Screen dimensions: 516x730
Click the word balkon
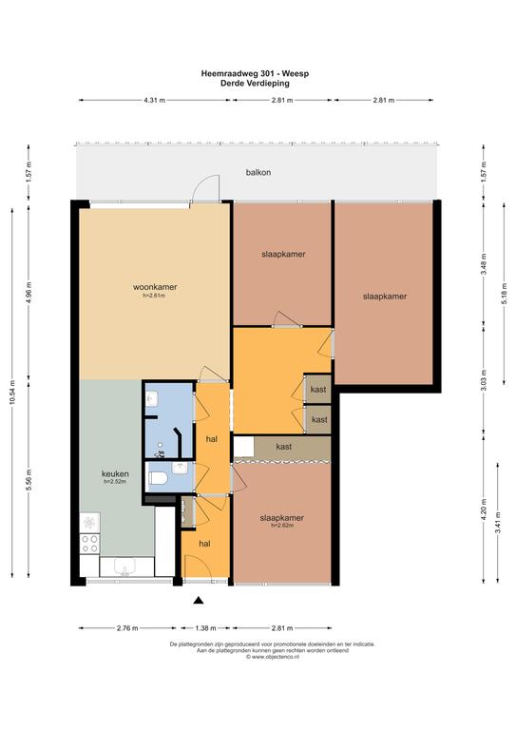(x=258, y=172)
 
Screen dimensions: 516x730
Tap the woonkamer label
(x=155, y=287)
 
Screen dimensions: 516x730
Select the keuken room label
(x=115, y=474)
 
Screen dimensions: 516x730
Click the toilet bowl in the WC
(x=158, y=478)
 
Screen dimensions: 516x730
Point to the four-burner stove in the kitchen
(x=89, y=543)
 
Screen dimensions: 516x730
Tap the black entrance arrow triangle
(x=199, y=600)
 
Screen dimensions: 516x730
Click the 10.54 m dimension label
(x=12, y=393)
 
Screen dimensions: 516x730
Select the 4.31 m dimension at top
(x=155, y=100)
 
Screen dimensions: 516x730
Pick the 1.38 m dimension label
(x=205, y=628)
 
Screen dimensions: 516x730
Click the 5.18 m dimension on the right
(x=505, y=295)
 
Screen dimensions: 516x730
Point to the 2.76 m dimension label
(x=127, y=628)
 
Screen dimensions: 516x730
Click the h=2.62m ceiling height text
(x=282, y=525)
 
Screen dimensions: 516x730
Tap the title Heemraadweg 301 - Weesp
(x=255, y=73)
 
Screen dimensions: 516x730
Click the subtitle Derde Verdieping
(x=255, y=84)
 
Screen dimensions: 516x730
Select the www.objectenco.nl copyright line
(x=272, y=657)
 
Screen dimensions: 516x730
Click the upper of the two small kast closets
(x=317, y=389)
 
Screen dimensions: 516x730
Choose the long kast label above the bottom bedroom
(x=284, y=447)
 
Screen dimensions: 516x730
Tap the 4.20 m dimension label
(x=484, y=509)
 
